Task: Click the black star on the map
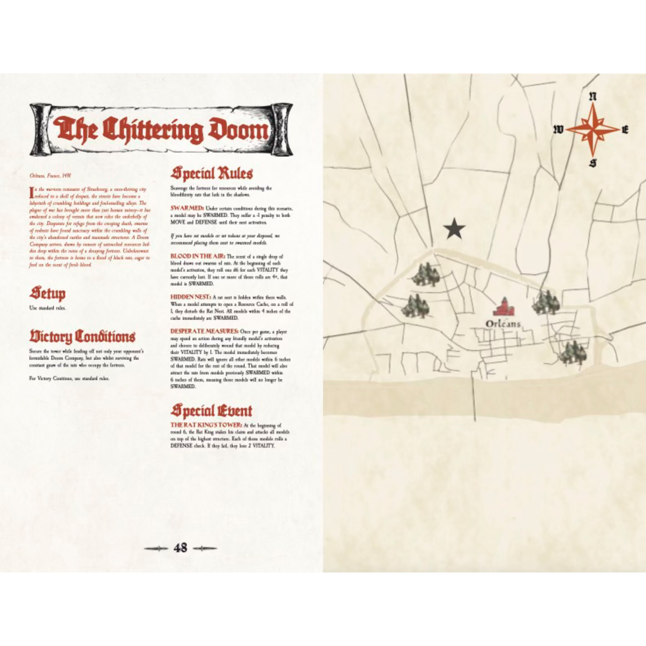[454, 229]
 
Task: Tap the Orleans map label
[503, 324]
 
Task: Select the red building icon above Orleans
[504, 307]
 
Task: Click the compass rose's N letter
[592, 97]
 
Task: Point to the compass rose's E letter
[625, 130]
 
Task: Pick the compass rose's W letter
[558, 130]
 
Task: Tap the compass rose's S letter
[592, 163]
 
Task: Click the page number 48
[181, 548]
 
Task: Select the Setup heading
[48, 294]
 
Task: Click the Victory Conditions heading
[82, 337]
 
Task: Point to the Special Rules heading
[212, 174]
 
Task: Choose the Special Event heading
[211, 411]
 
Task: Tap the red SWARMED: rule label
[187, 208]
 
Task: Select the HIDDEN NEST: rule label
[191, 297]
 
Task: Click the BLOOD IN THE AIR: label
[198, 257]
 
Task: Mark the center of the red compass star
[592, 130]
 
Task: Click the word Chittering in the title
[153, 130]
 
